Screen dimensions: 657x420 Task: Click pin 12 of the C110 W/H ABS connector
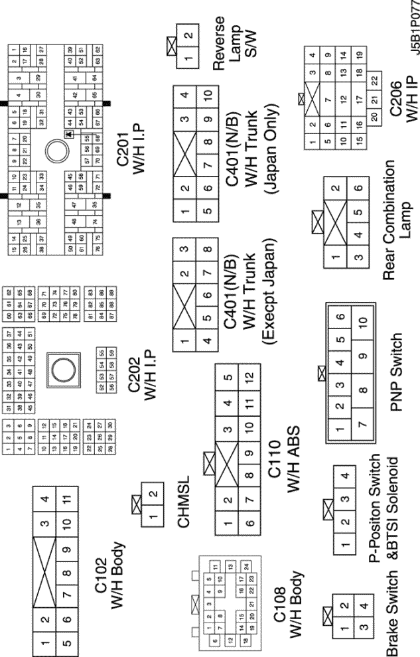point(247,378)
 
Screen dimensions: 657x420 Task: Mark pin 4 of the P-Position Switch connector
point(343,478)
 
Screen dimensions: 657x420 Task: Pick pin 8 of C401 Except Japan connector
point(209,251)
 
